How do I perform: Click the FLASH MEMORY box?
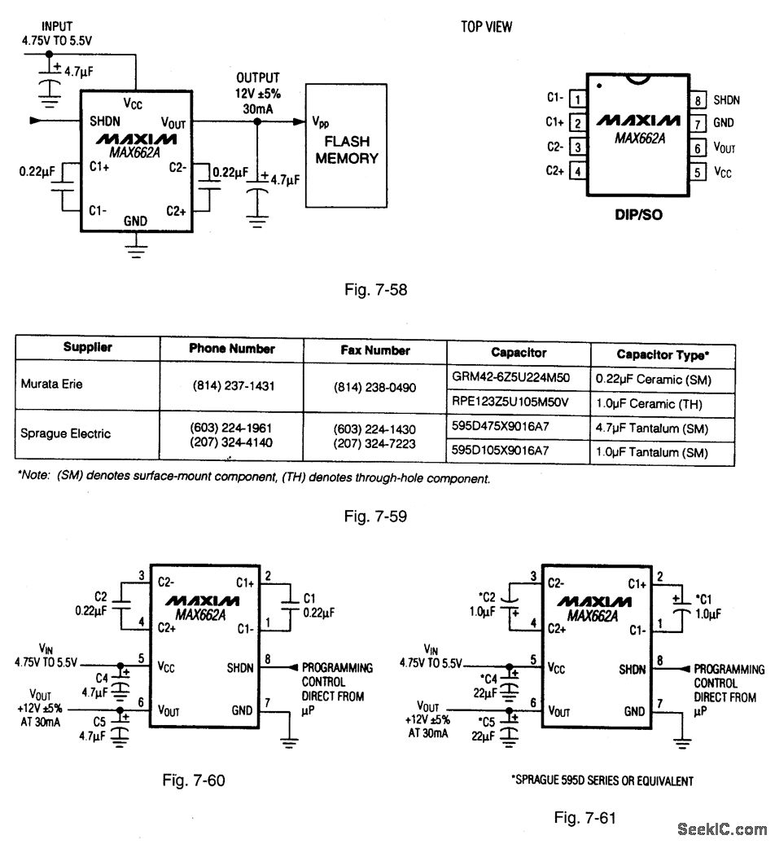(346, 144)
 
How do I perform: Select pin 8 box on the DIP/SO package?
(698, 100)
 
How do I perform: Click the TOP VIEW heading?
(487, 27)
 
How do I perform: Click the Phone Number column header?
(232, 349)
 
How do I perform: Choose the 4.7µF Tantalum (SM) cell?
(663, 429)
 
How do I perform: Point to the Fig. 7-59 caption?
(375, 515)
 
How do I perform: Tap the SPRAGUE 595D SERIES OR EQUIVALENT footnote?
(602, 780)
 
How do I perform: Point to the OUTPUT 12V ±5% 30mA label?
(257, 91)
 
